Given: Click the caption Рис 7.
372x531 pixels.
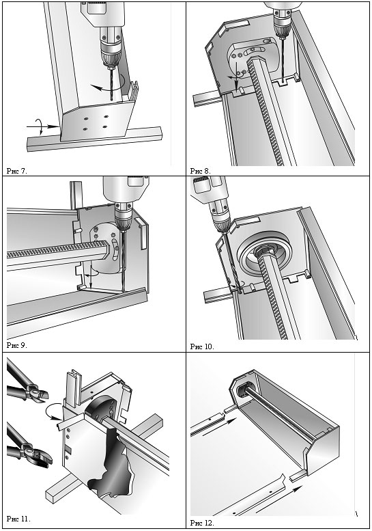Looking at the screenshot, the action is (x=16, y=171).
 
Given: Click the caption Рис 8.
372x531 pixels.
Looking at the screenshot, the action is (x=201, y=171).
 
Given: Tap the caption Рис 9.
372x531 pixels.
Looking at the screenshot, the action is (x=16, y=345).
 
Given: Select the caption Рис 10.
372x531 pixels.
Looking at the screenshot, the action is (x=202, y=346).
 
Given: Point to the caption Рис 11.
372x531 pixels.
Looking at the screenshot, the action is (x=18, y=519).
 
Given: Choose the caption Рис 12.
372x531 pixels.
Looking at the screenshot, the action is (x=202, y=523).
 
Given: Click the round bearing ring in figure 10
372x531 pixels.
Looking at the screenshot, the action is (x=264, y=254).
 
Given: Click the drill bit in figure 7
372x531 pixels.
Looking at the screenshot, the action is (x=111, y=84).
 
